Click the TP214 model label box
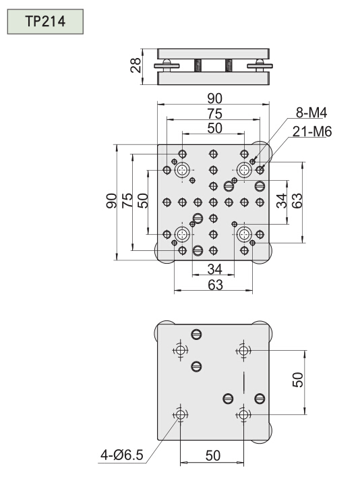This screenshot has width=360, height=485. pos(45,22)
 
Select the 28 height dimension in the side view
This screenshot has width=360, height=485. pos(136,65)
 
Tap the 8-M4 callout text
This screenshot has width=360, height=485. pos(311,113)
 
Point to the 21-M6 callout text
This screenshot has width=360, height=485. pos(311,132)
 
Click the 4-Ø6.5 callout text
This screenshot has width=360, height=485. pos(122,455)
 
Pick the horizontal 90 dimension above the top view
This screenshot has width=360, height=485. pos(214,98)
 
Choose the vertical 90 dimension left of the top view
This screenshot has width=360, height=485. pos(111,200)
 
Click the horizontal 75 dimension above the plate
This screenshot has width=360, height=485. pos(214,114)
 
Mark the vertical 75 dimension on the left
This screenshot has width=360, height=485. pos(127,200)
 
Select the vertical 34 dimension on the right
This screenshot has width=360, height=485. pos(282,201)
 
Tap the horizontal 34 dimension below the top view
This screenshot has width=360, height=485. pos(214,269)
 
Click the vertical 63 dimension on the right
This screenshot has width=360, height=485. pos(297,201)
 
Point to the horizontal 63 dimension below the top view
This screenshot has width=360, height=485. pos(215,285)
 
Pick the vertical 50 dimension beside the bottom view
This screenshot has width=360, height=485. pos(297,380)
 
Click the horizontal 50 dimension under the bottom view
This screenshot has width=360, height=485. pos(213,455)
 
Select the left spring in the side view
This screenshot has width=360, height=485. pos(198,65)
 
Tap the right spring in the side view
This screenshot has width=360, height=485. pos(229,65)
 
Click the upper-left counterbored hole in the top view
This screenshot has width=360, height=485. pos(182,170)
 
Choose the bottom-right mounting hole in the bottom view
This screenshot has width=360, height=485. pos(243,414)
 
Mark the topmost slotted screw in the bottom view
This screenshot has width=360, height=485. pos(197,334)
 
